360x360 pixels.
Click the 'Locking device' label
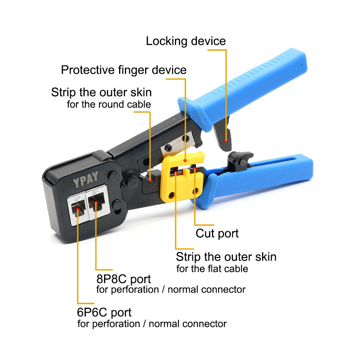click(x=186, y=41)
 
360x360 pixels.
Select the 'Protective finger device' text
click(x=124, y=70)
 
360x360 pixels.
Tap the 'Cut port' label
click(x=217, y=233)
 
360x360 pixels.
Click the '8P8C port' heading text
click(x=123, y=279)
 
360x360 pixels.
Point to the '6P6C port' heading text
click(x=104, y=312)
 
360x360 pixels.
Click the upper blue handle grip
click(x=252, y=86)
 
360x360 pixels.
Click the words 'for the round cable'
click(x=109, y=105)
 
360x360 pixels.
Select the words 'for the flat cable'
click(x=212, y=269)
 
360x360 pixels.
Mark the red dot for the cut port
click(x=195, y=168)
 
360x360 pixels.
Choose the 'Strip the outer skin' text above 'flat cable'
click(x=226, y=257)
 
